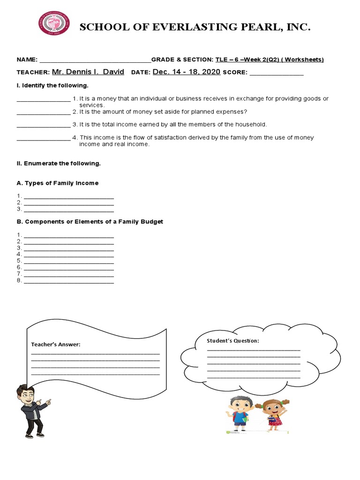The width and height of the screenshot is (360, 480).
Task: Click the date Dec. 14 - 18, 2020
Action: coord(186,72)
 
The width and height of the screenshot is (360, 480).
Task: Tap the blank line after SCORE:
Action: coord(277,73)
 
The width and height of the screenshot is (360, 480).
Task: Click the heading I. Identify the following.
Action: coord(52,85)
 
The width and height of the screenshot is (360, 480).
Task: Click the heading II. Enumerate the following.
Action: coord(59,164)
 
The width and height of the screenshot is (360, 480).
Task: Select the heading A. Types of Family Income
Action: coord(58,183)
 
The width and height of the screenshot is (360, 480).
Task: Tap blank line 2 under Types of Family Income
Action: coord(68,203)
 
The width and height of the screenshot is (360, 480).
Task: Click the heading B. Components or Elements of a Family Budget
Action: coord(90,221)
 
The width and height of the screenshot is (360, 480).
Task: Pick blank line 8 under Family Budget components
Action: coord(68,282)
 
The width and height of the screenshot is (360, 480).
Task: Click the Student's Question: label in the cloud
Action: coord(233,341)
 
